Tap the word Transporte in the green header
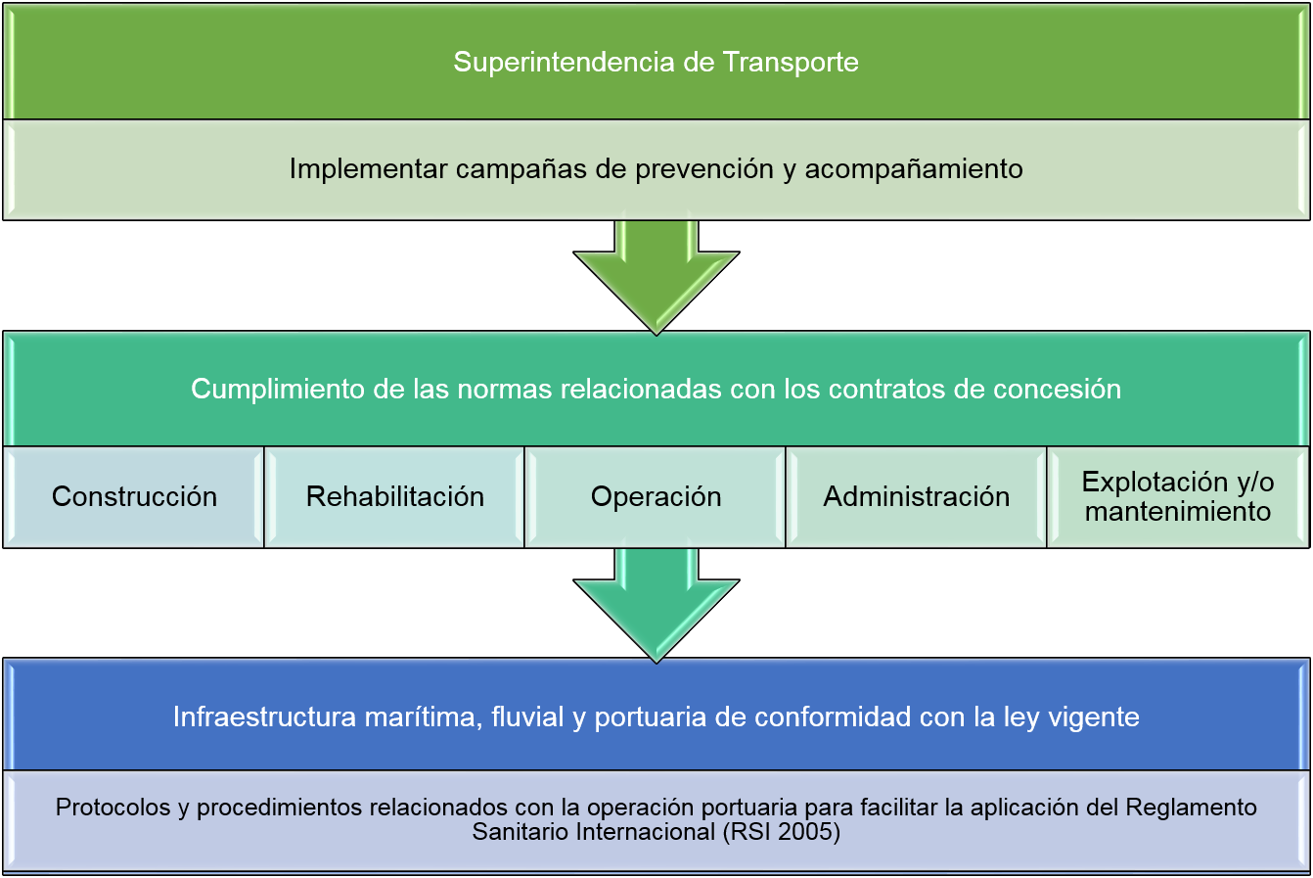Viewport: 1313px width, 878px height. [791, 63]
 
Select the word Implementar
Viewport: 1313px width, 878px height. [369, 170]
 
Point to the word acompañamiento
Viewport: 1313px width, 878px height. [914, 170]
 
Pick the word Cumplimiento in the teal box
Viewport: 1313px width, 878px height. [278, 390]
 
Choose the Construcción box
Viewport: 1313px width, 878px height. [134, 497]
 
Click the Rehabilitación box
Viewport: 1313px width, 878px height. [394, 497]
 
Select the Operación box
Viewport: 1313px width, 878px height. [656, 497]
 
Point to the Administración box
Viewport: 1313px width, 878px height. [916, 497]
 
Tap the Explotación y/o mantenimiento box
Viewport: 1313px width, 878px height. [1178, 497]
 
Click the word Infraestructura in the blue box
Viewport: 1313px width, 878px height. [264, 716]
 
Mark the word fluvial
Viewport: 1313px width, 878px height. [527, 716]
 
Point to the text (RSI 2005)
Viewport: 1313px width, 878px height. [782, 833]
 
